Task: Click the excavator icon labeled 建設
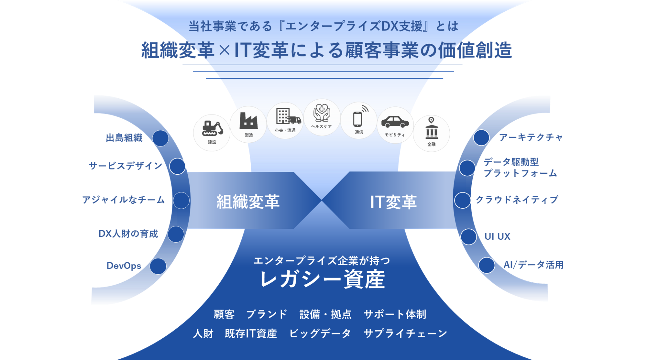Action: pos(212,129)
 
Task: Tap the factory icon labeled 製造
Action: pos(248,121)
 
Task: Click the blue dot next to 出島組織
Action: pos(160,138)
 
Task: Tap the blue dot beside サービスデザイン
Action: pos(177,166)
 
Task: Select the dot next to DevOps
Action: pos(158,266)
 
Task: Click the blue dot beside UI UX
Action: pos(468,237)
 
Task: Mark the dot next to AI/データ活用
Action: pos(486,265)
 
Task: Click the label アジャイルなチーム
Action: pos(123,200)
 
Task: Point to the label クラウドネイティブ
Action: pos(517,200)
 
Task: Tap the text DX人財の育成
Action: pos(128,234)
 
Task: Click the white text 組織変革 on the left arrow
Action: pos(248,202)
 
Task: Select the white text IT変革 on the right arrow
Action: pos(393,202)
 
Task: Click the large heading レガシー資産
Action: pos(323,279)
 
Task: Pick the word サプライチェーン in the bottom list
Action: pos(405,333)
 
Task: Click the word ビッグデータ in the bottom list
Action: pos(320,333)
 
